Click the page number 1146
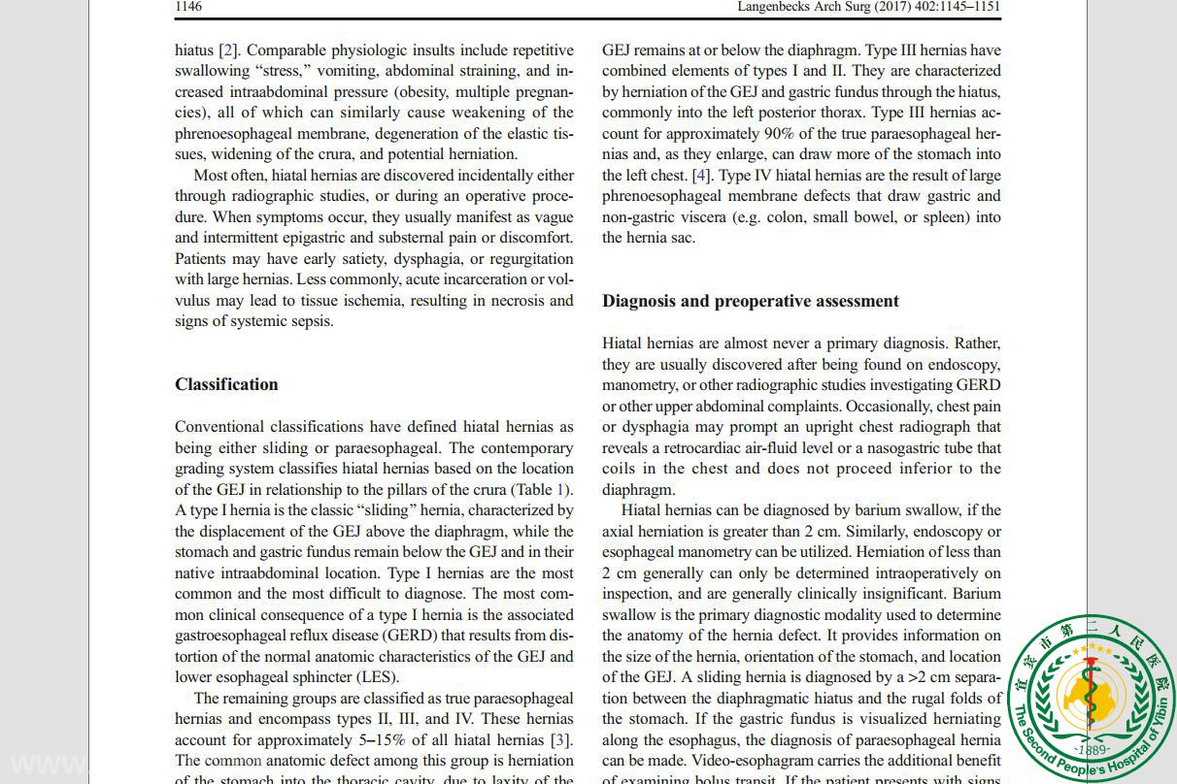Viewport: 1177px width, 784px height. click(x=188, y=7)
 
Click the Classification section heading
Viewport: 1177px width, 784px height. click(x=226, y=384)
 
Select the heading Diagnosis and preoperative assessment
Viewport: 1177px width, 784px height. click(x=750, y=301)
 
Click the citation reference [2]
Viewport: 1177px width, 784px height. click(x=228, y=49)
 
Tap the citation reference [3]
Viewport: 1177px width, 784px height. click(x=560, y=739)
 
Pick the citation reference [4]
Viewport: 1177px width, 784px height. click(x=701, y=175)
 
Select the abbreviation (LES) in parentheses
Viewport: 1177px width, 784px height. click(x=377, y=677)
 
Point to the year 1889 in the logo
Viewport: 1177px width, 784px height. click(x=1092, y=750)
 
